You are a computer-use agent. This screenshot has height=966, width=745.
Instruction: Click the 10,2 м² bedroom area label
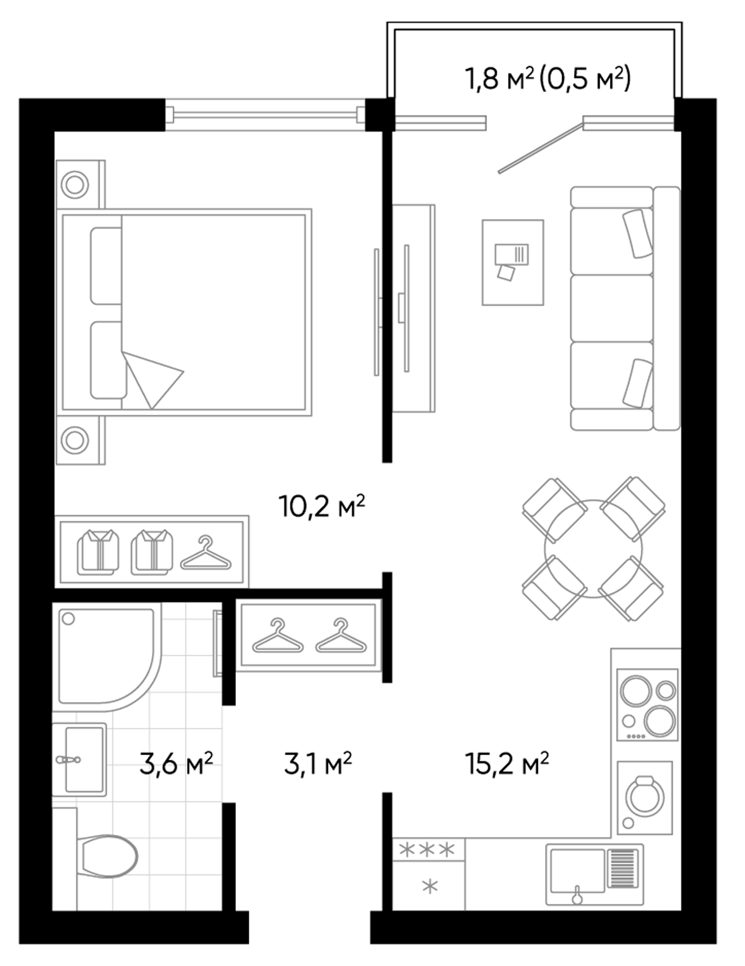tap(322, 506)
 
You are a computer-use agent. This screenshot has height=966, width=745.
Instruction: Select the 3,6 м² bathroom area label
tap(176, 763)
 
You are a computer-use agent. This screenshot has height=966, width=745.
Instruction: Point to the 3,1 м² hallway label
tap(318, 763)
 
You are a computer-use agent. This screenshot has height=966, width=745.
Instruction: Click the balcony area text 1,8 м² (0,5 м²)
tap(547, 79)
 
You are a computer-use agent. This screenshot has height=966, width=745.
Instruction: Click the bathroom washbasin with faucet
tap(80, 759)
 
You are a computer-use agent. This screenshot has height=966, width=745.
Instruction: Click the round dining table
tap(593, 549)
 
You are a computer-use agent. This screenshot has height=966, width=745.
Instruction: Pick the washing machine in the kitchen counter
tap(645, 797)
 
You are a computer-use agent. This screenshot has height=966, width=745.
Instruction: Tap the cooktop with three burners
tap(647, 705)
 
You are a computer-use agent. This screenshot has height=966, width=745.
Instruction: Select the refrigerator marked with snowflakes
tap(429, 873)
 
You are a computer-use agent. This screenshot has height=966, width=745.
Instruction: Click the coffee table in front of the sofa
tap(512, 262)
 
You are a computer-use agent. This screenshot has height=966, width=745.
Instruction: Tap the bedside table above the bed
tap(79, 185)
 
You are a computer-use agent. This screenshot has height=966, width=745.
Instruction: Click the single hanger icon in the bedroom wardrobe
tap(206, 553)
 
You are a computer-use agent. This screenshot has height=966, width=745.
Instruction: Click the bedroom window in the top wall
tap(265, 114)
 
